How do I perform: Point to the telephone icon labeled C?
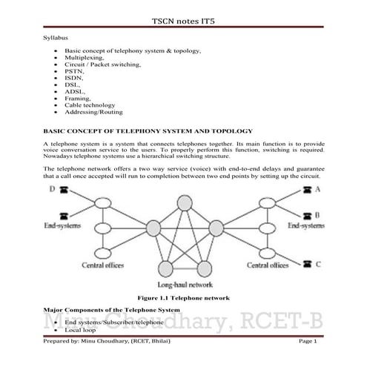[x=305, y=263]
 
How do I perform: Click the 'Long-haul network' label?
[x=185, y=284]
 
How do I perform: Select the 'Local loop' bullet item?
[x=82, y=330]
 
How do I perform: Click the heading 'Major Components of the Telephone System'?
[x=111, y=311]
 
